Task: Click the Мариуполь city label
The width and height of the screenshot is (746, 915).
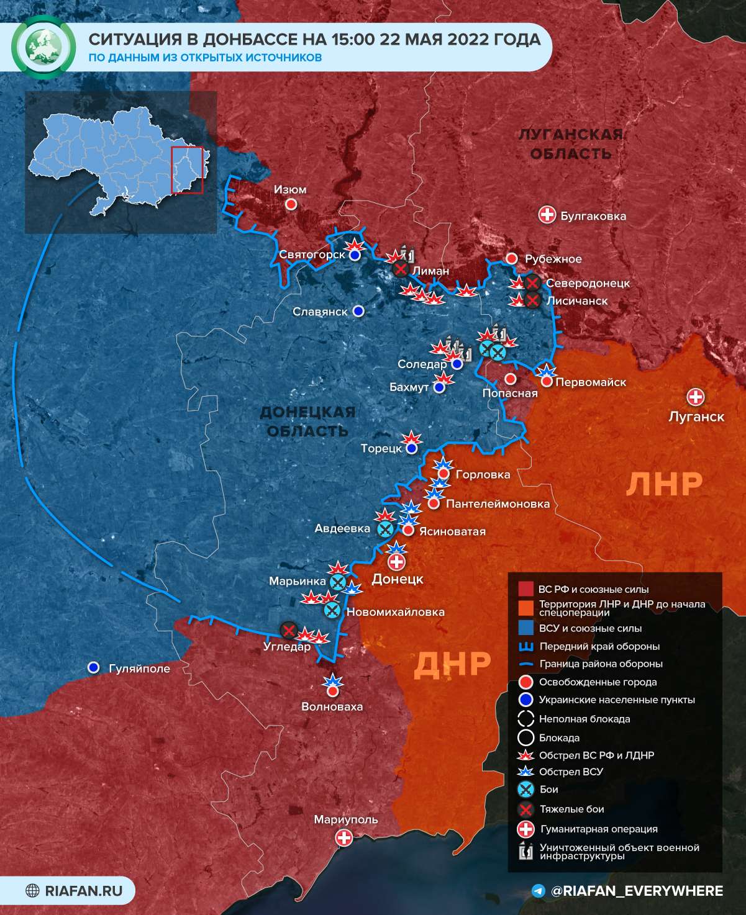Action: pos(345,819)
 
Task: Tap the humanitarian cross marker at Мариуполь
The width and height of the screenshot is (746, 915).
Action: pos(343,838)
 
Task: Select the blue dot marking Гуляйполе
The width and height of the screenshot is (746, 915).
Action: pos(94,667)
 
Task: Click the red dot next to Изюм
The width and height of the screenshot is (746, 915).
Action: pos(291,204)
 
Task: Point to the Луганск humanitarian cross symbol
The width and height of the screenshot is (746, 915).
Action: pos(696,397)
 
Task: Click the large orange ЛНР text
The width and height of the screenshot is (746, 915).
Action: pos(663,484)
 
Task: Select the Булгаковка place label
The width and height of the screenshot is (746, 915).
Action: pos(593,216)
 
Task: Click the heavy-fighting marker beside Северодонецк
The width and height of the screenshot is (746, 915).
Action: pos(532,283)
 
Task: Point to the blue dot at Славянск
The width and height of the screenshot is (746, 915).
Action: pos(358,311)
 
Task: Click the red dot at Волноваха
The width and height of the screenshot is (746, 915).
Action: pos(333,690)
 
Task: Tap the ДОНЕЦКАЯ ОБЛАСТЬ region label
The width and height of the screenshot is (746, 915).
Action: pos(307,421)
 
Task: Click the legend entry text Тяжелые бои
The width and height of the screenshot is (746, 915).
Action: pos(571,809)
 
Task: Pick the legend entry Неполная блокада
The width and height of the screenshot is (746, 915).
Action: pos(584,719)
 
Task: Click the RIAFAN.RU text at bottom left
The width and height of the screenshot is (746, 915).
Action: pos(83,891)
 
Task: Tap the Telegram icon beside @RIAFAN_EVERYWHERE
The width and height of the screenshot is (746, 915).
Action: pos(539,891)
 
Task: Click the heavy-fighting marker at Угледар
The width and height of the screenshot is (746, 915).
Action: pos(288,631)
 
